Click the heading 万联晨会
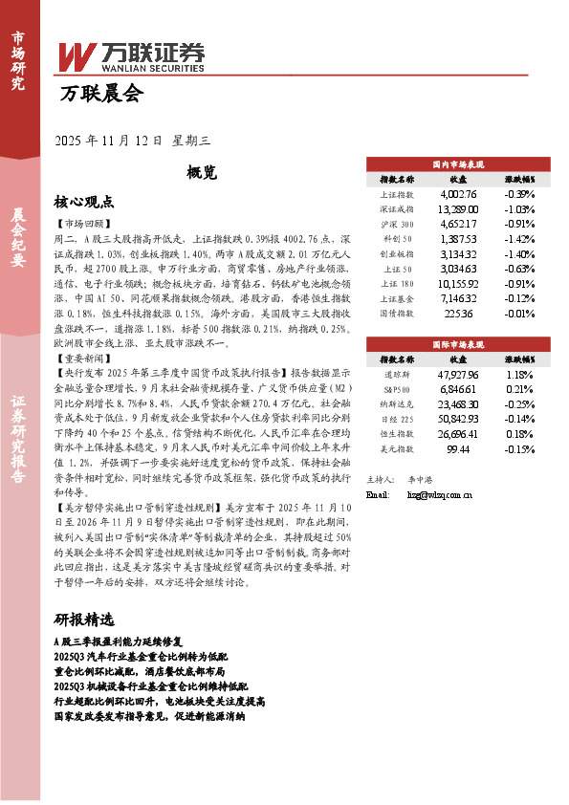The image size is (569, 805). tap(100, 94)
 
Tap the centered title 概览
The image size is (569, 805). tap(202, 173)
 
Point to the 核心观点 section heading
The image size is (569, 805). tap(83, 203)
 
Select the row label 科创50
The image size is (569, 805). tap(396, 238)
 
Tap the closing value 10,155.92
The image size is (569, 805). tap(458, 284)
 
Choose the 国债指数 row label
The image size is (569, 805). tap(396, 314)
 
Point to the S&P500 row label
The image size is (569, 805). tap(396, 390)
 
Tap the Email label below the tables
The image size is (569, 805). tap(379, 495)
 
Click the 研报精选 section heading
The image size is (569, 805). tap(83, 620)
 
